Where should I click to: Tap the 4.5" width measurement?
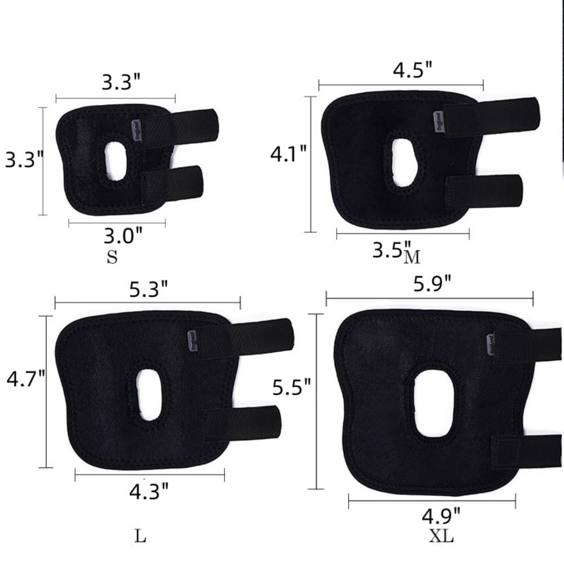pyautogui.click(x=413, y=70)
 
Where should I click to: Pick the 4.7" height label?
pyautogui.click(x=25, y=380)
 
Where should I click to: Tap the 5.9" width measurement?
pyautogui.click(x=432, y=285)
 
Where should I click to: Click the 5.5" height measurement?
pyautogui.click(x=292, y=387)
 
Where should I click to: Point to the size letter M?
pyautogui.click(x=413, y=257)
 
